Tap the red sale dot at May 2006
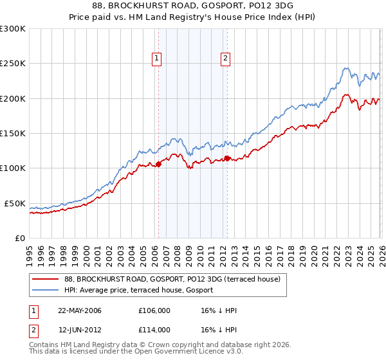point(158,164)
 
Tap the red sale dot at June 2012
point(227,158)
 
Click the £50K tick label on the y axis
point(15,203)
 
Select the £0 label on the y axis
point(19,238)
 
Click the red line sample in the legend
point(45,280)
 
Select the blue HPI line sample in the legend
point(45,290)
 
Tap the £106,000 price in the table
point(154,310)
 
